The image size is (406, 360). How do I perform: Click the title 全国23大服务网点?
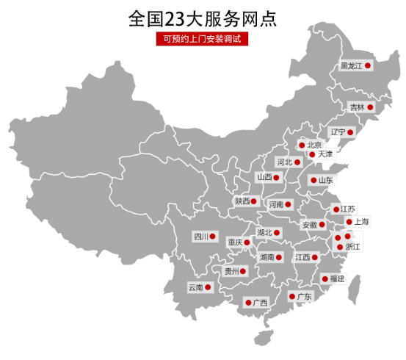pos(203,18)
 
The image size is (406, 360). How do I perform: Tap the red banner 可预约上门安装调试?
pos(203,39)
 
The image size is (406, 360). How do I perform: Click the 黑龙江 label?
pos(352,66)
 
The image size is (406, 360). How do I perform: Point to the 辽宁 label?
pos(338,132)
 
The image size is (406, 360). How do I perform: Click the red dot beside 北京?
pos(302,145)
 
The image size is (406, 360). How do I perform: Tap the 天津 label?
pos(325,154)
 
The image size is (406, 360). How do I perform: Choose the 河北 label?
pos(284,162)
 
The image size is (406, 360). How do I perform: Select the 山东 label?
pos(325,180)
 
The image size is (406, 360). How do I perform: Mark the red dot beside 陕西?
pos(254,201)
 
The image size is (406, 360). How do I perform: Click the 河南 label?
pos(276,204)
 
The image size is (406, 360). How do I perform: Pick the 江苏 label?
pos(347,209)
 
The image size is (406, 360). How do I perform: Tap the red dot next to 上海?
pos(348,221)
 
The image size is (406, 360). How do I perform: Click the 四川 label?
pos(200,237)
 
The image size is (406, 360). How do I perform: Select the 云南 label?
pos(195,287)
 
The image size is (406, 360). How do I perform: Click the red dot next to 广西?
pos(246,302)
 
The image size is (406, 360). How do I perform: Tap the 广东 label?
pos(304,297)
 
